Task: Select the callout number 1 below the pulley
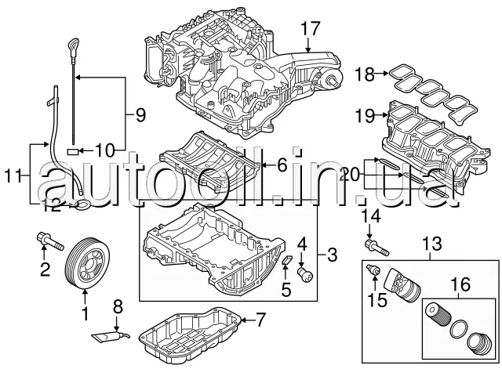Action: (85, 316)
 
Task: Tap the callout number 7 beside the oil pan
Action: (261, 319)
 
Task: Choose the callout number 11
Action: (10, 177)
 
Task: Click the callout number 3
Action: (332, 254)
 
